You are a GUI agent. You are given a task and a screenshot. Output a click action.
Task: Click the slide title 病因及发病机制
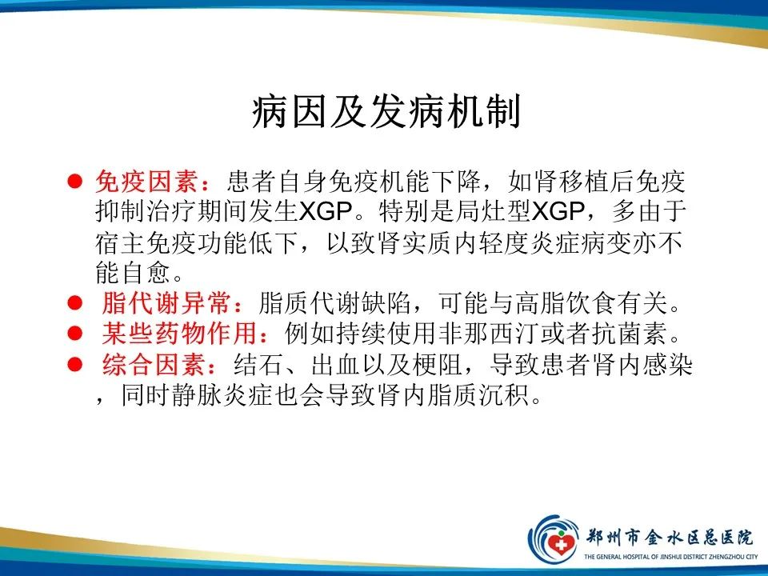click(x=386, y=113)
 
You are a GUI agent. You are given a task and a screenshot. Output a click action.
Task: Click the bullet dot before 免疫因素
click(x=74, y=182)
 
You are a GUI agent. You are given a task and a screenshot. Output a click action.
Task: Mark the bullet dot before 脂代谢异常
click(x=74, y=305)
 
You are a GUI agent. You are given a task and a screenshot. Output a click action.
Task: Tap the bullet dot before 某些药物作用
click(x=74, y=334)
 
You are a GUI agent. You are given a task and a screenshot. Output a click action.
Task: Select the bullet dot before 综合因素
click(x=74, y=365)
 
